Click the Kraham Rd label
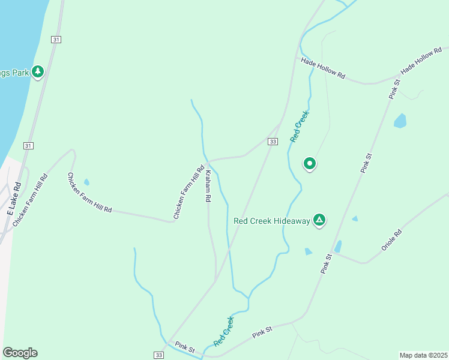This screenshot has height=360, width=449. coord(208,185)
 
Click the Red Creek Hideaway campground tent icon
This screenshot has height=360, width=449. coord(320,220)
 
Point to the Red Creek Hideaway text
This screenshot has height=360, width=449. coord(271,221)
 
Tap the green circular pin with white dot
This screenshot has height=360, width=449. coord(310,163)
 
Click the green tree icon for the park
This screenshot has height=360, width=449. coord(38,72)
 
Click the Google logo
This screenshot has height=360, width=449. coord(20,353)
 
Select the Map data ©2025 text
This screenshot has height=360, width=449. coord(423,355)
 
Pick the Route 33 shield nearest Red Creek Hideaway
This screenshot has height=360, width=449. coord(273,142)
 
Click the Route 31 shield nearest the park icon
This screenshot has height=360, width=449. coord(56,39)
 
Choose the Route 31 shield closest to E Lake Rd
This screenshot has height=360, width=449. coord(28,146)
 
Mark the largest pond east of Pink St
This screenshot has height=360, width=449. coord(400,121)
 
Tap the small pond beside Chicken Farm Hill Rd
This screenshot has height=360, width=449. coord(87,182)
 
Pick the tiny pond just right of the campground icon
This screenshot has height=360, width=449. coord(355,219)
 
